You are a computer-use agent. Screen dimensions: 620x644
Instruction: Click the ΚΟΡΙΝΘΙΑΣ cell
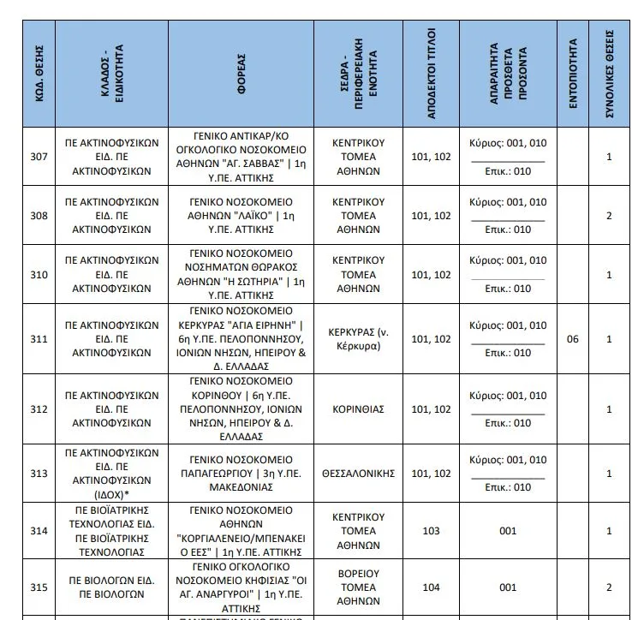pos(358,409)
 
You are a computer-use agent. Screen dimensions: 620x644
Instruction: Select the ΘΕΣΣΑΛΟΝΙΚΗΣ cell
pos(358,474)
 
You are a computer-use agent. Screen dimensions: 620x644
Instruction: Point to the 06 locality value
pos(573,339)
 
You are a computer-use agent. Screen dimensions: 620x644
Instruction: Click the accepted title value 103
pos(432,531)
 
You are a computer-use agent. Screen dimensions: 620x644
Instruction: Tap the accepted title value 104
pos(432,587)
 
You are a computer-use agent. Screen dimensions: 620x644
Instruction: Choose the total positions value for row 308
pos(610,216)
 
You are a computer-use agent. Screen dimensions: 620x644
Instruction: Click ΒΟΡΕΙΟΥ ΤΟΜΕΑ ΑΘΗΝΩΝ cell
pos(358,587)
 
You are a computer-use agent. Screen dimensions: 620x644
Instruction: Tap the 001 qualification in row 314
pos(508,531)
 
